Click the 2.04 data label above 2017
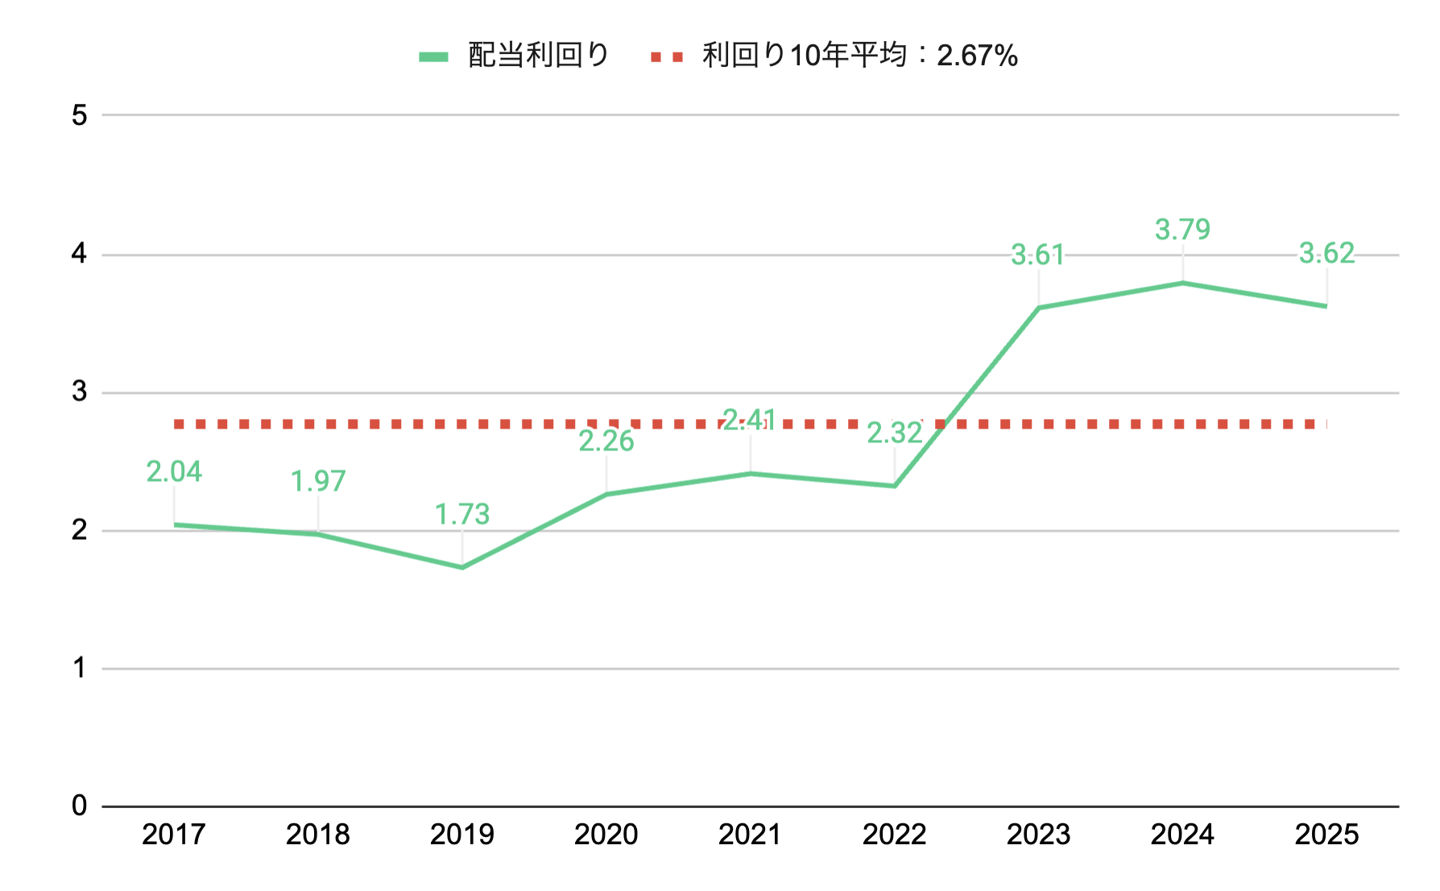pos(174,471)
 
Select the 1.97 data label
pos(318,481)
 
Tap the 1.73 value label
pos(462,514)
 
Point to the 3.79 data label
pos(1182,230)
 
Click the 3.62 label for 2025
pos(1326,253)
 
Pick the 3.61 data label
pos(1038,255)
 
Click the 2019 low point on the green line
pos(462,567)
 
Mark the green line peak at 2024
pos(1182,283)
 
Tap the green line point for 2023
pos(1038,308)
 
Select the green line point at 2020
pos(606,494)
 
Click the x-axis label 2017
pos(174,835)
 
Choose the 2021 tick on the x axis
pos(751,835)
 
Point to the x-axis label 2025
pos(1326,835)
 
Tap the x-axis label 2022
pos(894,835)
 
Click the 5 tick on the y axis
pos(79,115)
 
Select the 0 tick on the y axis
pos(79,805)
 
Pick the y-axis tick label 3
pos(79,392)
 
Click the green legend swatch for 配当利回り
pos(433,56)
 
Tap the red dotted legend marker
pos(667,56)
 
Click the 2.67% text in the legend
pos(977,56)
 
